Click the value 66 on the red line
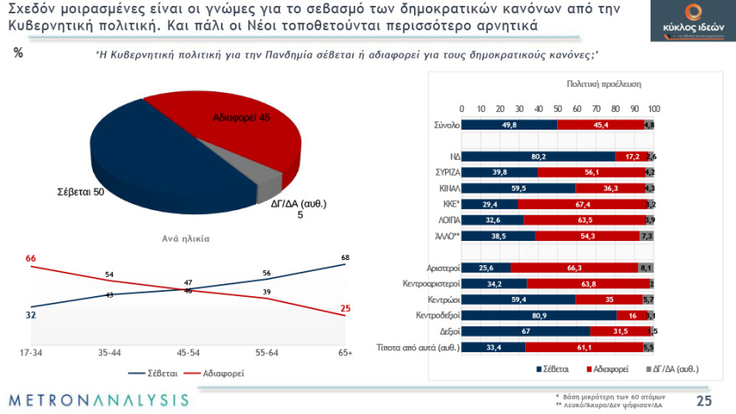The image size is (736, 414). coord(31,258)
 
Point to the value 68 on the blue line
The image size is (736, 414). coord(345,257)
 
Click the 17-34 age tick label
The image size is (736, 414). coord(31,353)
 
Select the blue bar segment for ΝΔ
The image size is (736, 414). coord(537,156)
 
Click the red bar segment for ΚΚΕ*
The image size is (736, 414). coord(582,204)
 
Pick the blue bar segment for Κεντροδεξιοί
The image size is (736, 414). coord(539,315)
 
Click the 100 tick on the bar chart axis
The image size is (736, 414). coord(654,110)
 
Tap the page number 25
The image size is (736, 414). coord(704,400)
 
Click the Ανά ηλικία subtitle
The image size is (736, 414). coord(185,238)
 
